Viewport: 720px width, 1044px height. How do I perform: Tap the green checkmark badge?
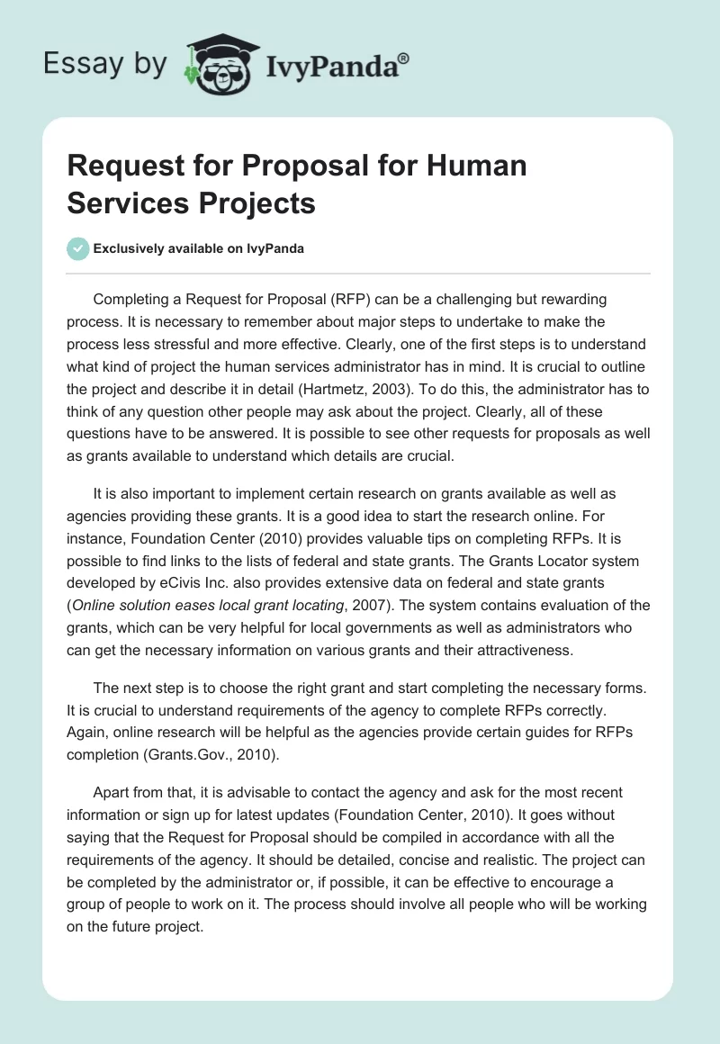pos(77,248)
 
